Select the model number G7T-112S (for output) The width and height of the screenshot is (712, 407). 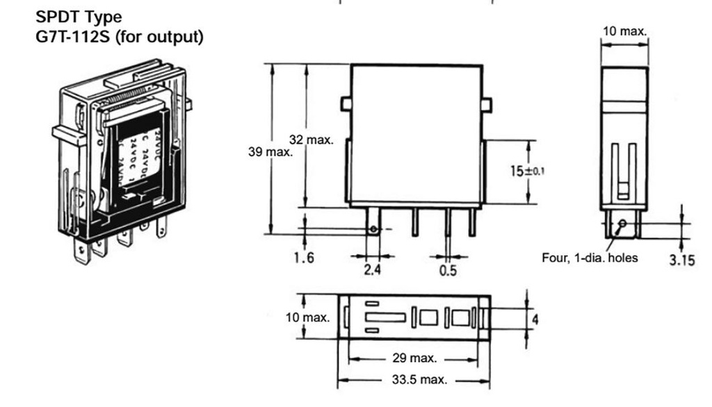119,37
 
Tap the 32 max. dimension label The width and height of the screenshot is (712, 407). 311,140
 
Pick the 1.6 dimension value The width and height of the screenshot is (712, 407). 304,258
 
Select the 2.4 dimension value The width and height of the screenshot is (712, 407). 373,269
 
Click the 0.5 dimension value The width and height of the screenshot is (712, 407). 448,269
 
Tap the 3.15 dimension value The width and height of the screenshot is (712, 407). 681,261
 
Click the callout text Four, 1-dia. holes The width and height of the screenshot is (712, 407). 590,258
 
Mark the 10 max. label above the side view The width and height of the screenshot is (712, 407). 624,31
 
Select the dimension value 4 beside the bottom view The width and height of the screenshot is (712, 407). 535,319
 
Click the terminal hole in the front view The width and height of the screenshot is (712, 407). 374,229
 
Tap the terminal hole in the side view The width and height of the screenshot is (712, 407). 622,223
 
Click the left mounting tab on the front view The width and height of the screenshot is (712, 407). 346,104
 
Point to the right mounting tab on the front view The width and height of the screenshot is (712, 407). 487,104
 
